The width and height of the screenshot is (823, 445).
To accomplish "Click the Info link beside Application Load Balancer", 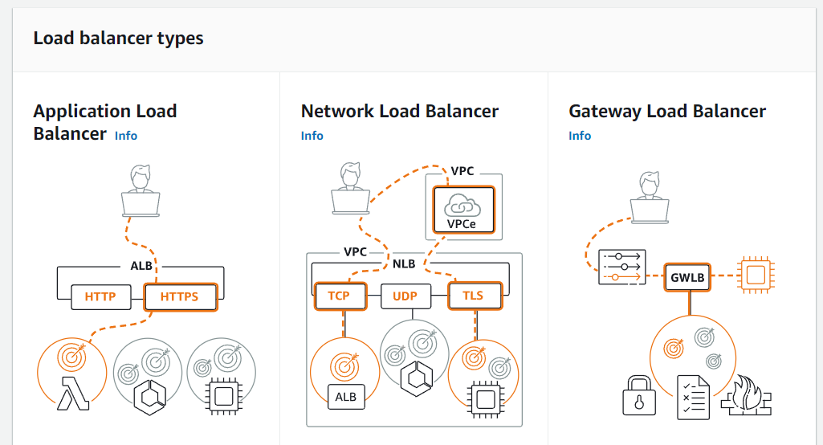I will (x=126, y=136).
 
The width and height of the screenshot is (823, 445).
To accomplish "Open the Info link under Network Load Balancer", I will (x=312, y=136).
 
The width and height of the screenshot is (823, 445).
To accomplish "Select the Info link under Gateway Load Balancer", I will (x=580, y=136).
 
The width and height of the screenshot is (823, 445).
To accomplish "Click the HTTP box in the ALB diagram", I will (x=100, y=297).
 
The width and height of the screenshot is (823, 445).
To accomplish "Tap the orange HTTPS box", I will (x=180, y=297).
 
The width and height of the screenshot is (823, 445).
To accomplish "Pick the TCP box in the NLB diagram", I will (x=339, y=296).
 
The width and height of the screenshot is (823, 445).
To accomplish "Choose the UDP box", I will (x=405, y=296).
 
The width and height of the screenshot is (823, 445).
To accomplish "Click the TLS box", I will (x=473, y=296).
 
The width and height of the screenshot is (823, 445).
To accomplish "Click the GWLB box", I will (x=689, y=278).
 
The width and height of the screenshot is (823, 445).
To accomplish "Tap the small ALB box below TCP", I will (x=345, y=396).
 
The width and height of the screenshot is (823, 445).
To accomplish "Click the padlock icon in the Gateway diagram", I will (x=640, y=395).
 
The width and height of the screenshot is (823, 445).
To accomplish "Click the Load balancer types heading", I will (x=118, y=39).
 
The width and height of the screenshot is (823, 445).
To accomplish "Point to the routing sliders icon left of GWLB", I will (x=621, y=266).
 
